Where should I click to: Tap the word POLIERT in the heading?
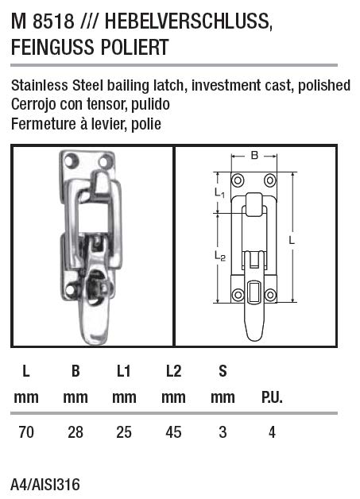point(131,48)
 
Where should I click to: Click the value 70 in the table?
point(26,432)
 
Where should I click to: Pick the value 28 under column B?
point(75,432)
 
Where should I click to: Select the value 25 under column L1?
point(124,432)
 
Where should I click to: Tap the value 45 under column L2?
point(173,432)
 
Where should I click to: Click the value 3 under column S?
point(223,432)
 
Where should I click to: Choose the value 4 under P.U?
point(272,432)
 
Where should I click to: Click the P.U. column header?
point(272,397)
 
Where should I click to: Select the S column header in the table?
point(223,370)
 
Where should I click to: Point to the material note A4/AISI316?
point(45,485)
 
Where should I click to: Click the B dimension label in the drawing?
point(254,156)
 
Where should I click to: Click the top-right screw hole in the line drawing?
point(270,178)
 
